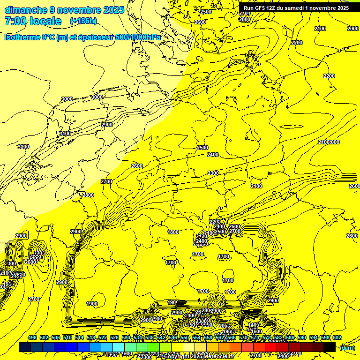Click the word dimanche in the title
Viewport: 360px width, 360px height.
coord(24,10)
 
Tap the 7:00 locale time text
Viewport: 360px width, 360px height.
coord(32,21)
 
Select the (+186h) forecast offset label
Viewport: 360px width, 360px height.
coord(83,21)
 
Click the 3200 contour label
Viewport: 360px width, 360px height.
coord(23,147)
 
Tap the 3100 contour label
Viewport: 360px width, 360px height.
coord(65,134)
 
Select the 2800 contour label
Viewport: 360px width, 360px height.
coord(88,195)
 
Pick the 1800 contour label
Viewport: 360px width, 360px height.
coord(173,232)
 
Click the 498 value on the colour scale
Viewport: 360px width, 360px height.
coord(32,337)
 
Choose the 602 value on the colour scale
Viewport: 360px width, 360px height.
coord(337,337)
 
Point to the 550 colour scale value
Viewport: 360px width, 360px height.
coord(185,337)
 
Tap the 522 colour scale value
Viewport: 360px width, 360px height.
coord(103,337)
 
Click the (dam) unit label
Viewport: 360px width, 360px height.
coord(347,347)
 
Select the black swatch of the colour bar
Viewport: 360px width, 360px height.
coord(329,347)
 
